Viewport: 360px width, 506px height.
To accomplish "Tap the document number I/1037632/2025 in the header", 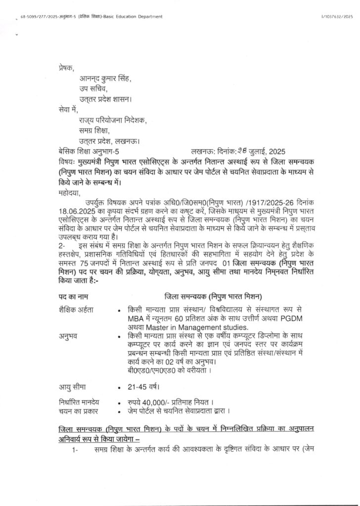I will coord(337,17).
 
